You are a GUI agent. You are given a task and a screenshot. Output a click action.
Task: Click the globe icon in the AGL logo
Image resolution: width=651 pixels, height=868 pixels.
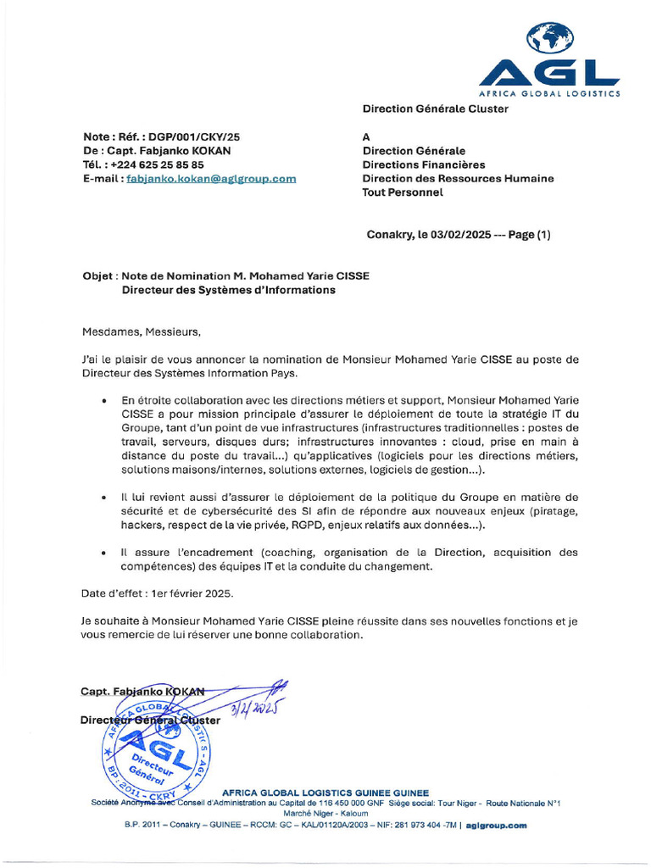pos(550,38)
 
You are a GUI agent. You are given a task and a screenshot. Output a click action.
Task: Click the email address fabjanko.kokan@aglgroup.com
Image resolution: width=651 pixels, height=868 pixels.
pos(211,179)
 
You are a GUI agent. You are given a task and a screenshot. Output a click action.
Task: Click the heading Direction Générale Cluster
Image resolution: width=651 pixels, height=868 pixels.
pos(436,108)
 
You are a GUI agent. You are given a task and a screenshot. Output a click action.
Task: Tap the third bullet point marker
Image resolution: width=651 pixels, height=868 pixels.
pos(103,553)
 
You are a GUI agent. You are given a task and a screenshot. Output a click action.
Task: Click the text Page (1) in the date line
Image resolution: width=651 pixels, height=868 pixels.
pos(529,235)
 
